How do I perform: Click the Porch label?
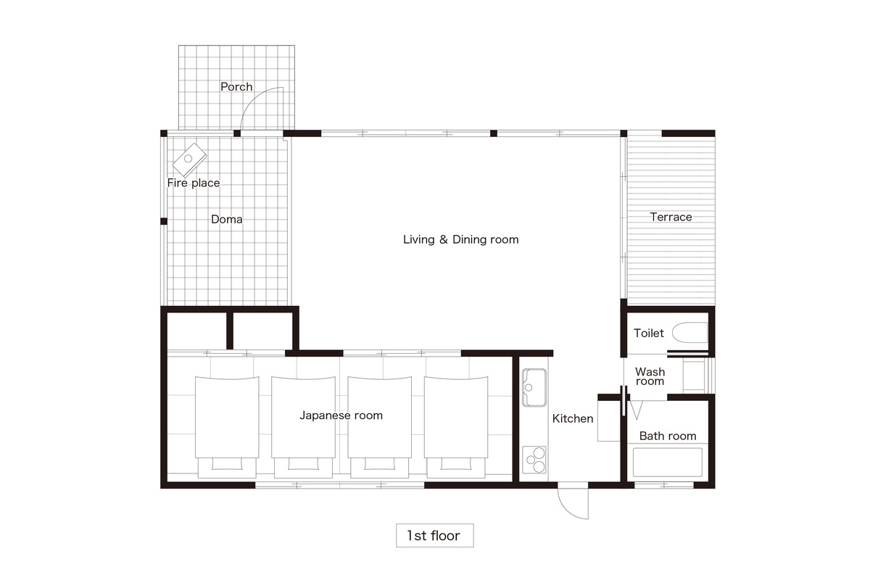tap(236, 86)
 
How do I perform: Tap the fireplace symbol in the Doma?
tap(189, 159)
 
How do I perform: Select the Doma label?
tap(226, 219)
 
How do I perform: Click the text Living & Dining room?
tap(460, 239)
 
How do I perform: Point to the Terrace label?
tap(671, 217)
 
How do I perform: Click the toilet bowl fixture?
tap(689, 333)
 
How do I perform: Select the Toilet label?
tap(649, 333)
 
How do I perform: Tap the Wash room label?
tap(650, 376)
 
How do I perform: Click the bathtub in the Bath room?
tap(667, 463)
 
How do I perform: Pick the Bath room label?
tap(667, 436)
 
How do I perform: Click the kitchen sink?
tap(534, 387)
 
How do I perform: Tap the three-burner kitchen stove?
tap(534, 460)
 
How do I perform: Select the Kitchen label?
tap(573, 418)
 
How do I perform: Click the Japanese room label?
tap(341, 415)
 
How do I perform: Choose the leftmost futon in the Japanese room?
tap(227, 427)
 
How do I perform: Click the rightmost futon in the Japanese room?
tap(456, 427)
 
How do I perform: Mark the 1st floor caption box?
tap(434, 535)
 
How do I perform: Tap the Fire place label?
tap(194, 183)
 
